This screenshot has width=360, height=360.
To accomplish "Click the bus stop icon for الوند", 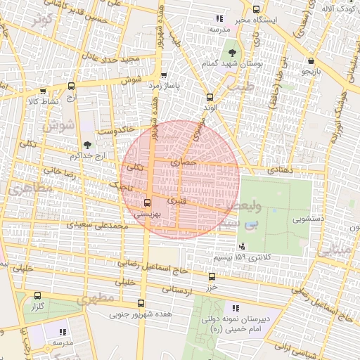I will tap(209, 97).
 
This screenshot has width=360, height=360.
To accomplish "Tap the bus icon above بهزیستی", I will tap(146, 202).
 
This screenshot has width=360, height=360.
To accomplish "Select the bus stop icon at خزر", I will tap(212, 277).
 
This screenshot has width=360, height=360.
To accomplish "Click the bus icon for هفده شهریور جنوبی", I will tap(142, 304).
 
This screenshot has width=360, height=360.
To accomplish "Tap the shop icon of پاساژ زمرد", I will tap(164, 75).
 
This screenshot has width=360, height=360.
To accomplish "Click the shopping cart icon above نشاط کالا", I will tap(43, 91).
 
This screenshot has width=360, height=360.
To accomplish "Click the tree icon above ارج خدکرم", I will tap(87, 143).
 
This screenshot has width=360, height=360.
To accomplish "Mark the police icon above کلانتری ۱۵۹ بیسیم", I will tap(243, 246).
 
